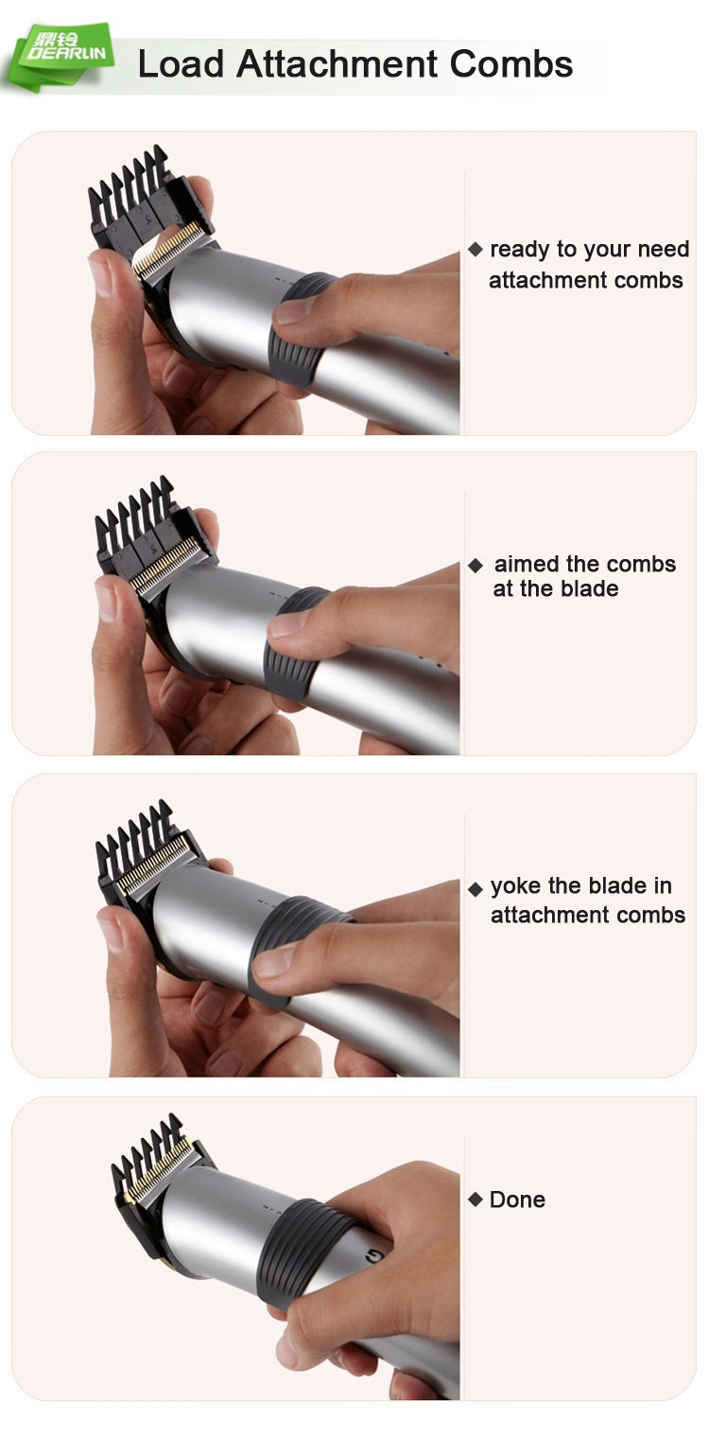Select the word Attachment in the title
coord(337,64)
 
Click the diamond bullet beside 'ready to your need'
coord(476,250)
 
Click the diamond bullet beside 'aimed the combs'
coord(476,566)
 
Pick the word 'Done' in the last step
coord(517,1200)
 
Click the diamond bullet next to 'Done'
coord(476,1200)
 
